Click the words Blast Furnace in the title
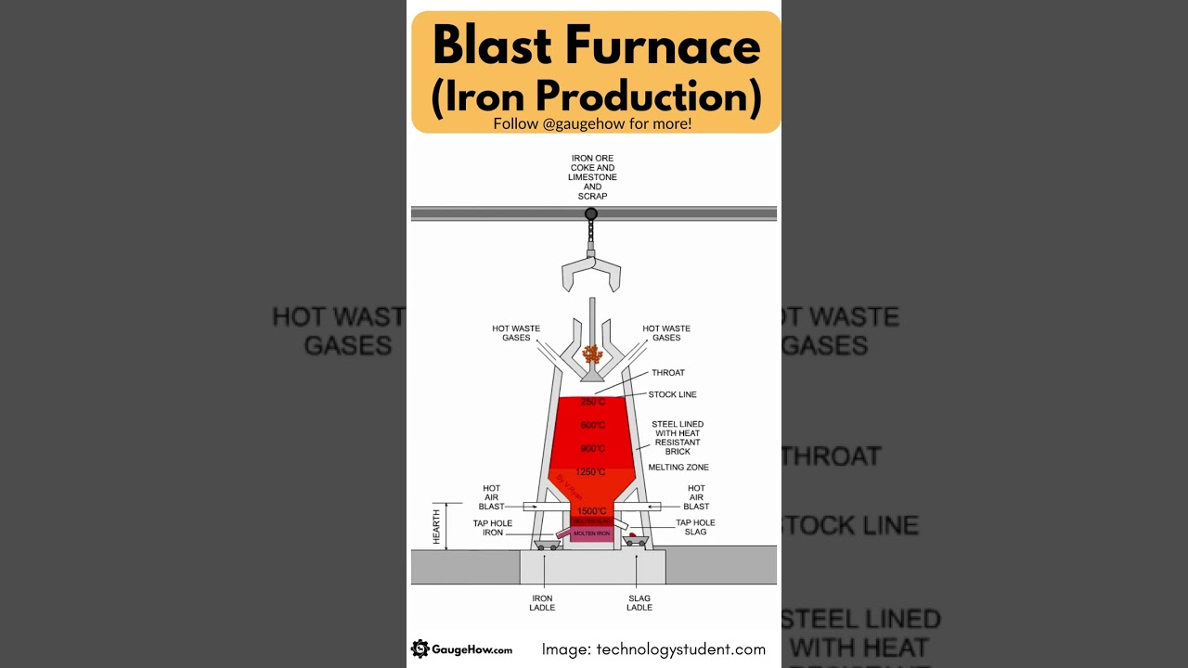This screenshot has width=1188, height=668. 596,46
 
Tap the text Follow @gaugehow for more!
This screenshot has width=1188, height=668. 592,123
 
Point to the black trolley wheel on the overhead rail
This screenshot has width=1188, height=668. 590,214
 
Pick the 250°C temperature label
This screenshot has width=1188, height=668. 593,402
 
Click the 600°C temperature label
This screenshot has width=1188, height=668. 593,425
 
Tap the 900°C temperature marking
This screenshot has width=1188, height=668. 593,449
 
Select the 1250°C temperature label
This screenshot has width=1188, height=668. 590,472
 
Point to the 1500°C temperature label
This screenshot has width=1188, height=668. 591,511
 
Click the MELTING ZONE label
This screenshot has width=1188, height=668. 678,468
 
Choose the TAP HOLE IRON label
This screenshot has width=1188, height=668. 493,528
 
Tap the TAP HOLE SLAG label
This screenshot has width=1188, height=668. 695,527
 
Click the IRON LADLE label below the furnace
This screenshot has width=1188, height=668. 542,603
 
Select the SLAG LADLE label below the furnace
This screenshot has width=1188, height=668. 639,603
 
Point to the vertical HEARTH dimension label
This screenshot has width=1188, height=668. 437,526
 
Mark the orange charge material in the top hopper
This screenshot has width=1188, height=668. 591,354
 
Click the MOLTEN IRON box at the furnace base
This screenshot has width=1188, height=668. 591,534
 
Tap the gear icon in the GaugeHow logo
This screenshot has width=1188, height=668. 420,649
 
